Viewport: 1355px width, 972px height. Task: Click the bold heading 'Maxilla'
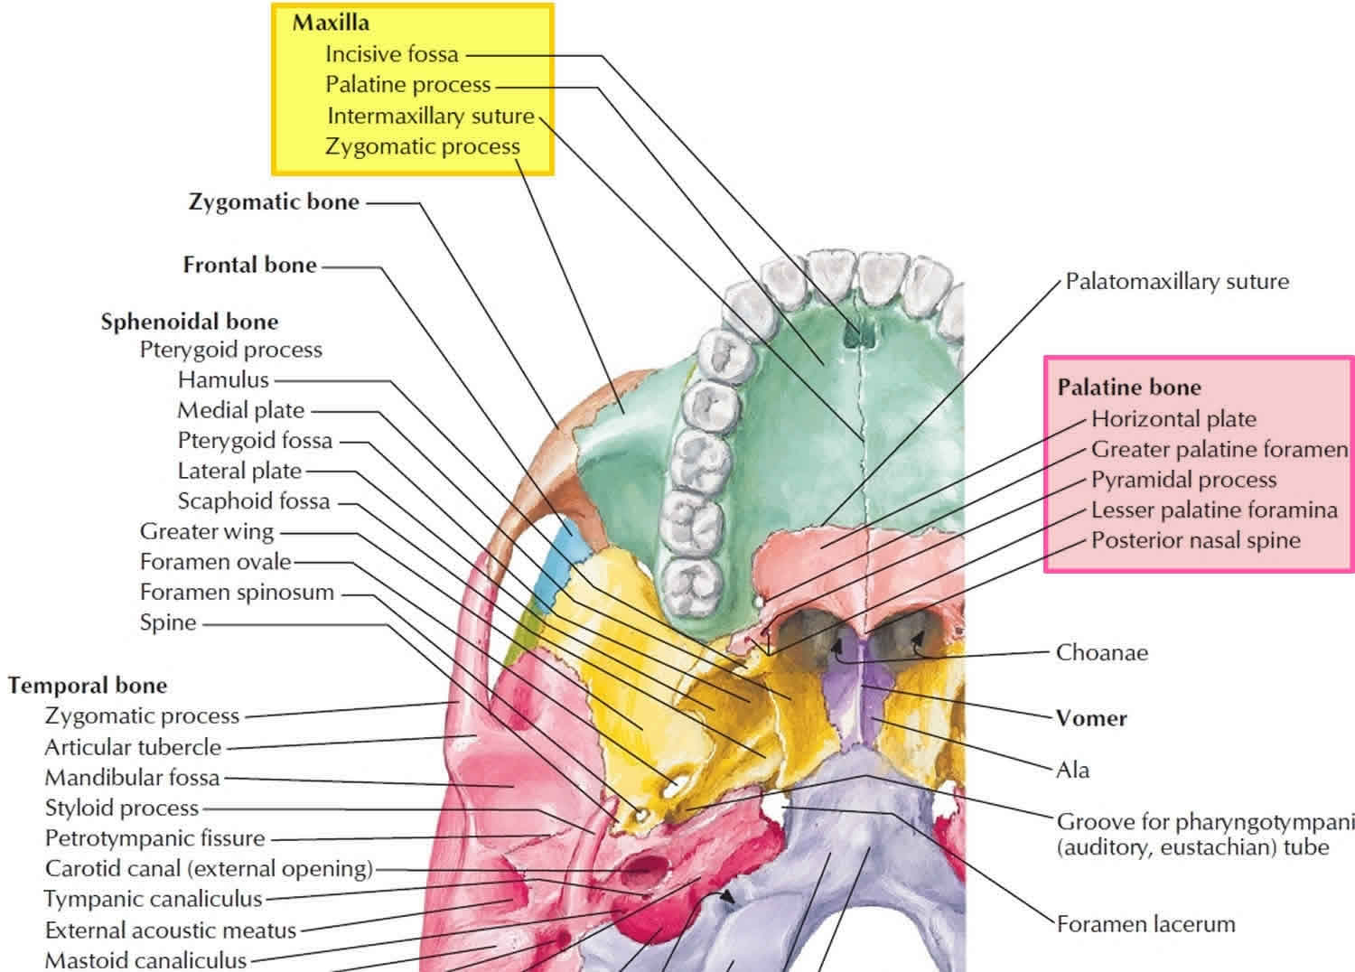(331, 23)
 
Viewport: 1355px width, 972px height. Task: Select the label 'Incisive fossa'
(392, 54)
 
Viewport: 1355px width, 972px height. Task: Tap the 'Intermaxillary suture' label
(431, 116)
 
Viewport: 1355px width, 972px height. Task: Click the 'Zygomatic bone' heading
(274, 202)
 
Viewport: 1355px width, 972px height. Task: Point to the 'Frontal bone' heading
(250, 265)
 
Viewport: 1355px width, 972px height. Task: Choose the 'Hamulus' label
(223, 379)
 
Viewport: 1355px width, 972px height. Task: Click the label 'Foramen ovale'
(215, 562)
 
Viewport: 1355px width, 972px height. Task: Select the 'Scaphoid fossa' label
(254, 501)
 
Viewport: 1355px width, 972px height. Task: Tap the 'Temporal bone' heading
(87, 686)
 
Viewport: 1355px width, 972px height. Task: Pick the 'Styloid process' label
(122, 808)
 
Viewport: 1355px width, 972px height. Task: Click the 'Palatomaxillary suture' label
(1177, 281)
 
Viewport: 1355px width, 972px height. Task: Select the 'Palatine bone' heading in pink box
(1129, 388)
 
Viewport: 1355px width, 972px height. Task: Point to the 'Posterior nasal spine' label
(1196, 540)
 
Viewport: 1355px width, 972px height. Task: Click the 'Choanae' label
(1102, 652)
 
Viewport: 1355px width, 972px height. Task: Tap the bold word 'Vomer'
(1091, 718)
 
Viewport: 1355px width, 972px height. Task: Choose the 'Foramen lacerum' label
(1146, 924)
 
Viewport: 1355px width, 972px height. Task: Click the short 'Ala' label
(1073, 770)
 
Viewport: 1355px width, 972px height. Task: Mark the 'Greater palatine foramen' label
(1219, 449)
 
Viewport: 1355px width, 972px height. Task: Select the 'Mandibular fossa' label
(132, 778)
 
